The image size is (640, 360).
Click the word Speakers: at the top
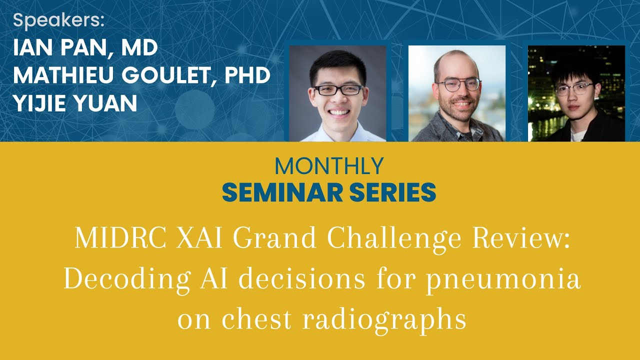coord(59,20)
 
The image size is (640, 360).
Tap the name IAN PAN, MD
coord(85,48)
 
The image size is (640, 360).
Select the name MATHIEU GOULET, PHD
coord(141,75)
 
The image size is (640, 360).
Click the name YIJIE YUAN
coord(75,103)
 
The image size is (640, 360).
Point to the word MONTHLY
coord(329,166)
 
